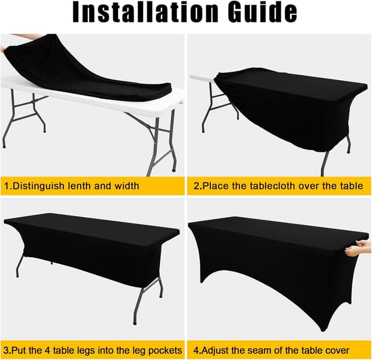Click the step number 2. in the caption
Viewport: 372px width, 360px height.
[198, 186]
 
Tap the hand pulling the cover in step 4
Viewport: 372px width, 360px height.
[358, 250]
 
